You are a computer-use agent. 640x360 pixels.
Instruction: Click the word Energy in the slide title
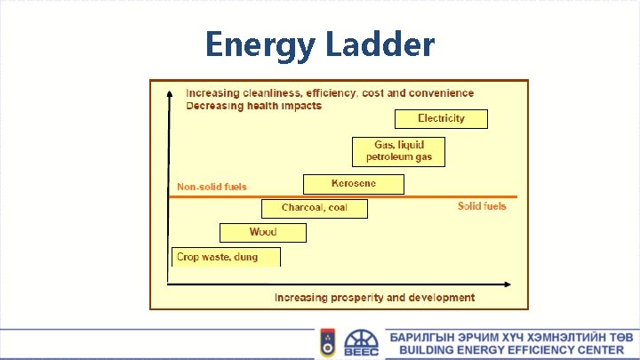[258, 44]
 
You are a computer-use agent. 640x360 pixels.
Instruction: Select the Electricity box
[441, 118]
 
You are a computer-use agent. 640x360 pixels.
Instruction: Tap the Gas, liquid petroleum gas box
[398, 151]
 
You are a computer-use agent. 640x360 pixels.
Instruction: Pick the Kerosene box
[353, 184]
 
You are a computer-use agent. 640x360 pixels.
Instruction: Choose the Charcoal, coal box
[314, 208]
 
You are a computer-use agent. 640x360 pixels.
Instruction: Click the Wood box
[262, 232]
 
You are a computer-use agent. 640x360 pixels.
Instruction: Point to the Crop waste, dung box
[226, 257]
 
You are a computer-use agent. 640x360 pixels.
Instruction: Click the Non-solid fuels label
[212, 187]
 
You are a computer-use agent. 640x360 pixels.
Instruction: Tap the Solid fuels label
[482, 206]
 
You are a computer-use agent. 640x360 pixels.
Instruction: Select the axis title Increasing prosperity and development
[374, 298]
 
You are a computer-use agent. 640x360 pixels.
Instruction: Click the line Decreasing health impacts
[253, 106]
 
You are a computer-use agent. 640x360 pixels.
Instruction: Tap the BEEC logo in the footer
[360, 343]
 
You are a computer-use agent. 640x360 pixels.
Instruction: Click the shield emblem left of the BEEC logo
[327, 343]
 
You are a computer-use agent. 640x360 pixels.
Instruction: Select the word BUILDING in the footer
[429, 350]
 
